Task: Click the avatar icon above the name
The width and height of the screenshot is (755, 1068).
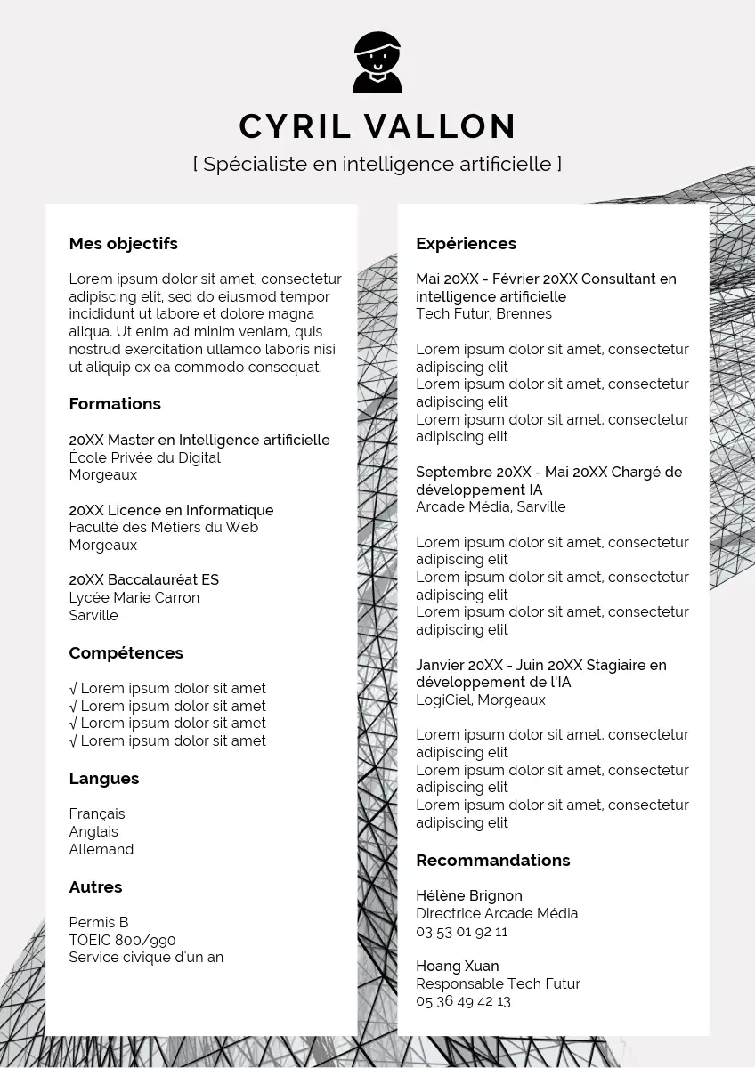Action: point(377,63)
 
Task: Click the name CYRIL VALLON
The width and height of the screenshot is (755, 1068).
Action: point(377,126)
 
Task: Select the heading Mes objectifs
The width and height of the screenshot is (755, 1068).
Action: point(123,244)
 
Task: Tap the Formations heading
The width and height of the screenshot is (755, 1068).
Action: point(115,404)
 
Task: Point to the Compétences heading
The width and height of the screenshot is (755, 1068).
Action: point(126,653)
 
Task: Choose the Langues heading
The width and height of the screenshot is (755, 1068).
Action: point(104,779)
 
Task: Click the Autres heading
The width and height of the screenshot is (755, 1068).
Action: point(95,887)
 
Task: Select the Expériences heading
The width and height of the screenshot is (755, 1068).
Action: point(466,244)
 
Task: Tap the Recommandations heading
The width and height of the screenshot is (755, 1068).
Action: point(492,861)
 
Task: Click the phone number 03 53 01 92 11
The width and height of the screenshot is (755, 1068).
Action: point(461,932)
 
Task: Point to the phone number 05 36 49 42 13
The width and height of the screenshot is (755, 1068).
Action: point(463,1001)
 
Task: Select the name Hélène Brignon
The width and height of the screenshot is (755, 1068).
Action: point(469,896)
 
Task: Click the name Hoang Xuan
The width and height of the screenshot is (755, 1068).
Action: point(457,967)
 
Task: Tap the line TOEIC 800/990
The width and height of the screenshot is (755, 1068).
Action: point(122,941)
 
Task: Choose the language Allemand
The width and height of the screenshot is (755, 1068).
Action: point(101,850)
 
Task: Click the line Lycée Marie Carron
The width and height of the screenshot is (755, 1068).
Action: point(134,598)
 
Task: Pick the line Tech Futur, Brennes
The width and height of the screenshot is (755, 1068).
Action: point(483,314)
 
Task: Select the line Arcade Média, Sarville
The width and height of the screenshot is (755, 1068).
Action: point(491,507)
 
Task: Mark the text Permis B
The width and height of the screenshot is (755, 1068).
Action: point(99,923)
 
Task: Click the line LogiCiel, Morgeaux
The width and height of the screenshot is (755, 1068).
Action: point(480,700)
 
